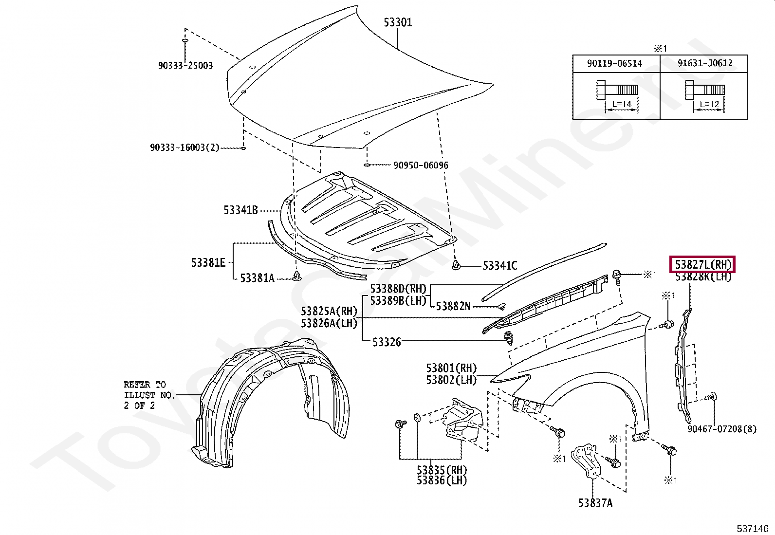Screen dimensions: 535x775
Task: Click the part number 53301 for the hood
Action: tap(398, 22)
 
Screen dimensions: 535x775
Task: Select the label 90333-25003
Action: tap(185, 66)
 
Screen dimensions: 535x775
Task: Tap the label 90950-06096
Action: tap(421, 166)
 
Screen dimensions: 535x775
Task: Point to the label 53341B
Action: tap(240, 210)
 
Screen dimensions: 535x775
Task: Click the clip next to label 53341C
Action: tap(456, 265)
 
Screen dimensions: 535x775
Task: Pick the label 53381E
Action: tap(208, 263)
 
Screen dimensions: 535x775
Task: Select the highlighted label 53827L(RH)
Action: tap(703, 265)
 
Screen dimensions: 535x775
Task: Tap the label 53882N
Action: tap(453, 306)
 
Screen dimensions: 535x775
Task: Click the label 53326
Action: tap(387, 342)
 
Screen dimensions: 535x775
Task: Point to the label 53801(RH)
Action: tap(451, 368)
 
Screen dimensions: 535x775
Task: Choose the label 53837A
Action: tap(595, 503)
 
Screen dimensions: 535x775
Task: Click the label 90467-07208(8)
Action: tap(722, 429)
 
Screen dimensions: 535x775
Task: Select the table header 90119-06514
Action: tap(614, 64)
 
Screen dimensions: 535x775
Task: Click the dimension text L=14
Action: tap(622, 104)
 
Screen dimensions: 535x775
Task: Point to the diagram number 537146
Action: tap(752, 529)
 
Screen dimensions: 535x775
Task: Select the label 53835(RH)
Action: tap(442, 470)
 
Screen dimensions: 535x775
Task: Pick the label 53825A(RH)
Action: tap(329, 312)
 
